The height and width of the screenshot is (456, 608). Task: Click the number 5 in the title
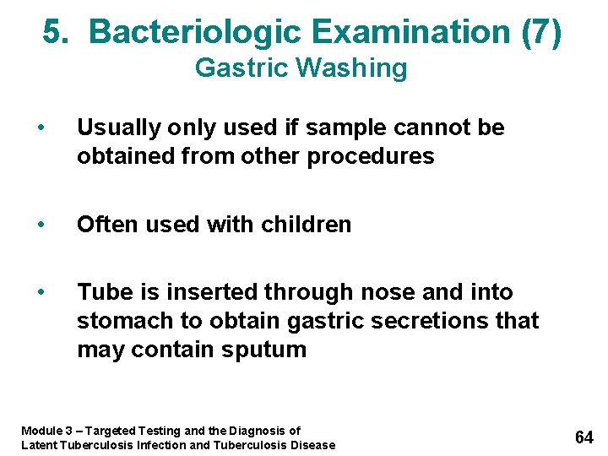[x=52, y=32]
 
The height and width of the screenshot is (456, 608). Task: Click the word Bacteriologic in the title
[x=196, y=32]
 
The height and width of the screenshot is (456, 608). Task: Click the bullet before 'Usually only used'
[x=41, y=128]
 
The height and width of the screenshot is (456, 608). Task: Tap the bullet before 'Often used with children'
[x=41, y=225]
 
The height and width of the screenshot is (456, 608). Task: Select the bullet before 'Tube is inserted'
[x=41, y=292]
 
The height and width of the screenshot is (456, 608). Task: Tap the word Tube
[x=102, y=292]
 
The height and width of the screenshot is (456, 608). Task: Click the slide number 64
[x=584, y=437]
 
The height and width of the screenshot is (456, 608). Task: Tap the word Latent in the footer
[x=39, y=445]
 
